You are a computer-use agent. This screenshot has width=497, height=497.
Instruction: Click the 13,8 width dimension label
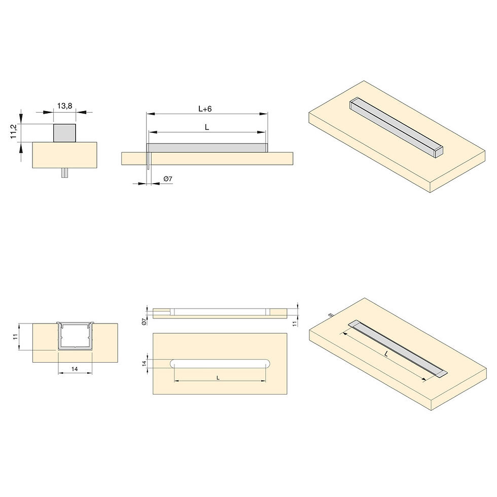click(65, 106)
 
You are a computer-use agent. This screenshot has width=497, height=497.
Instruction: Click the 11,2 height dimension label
click(13, 131)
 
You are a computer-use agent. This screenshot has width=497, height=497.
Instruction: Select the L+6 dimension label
click(205, 109)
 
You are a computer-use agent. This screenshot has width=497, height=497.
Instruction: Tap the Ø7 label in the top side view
click(168, 179)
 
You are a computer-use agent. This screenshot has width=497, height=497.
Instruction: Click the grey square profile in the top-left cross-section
click(65, 133)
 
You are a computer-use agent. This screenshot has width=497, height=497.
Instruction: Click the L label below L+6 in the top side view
click(207, 127)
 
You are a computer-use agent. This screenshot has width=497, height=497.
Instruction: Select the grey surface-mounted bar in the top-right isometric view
click(396, 127)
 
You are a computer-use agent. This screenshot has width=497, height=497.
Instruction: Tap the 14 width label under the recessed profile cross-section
click(75, 369)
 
